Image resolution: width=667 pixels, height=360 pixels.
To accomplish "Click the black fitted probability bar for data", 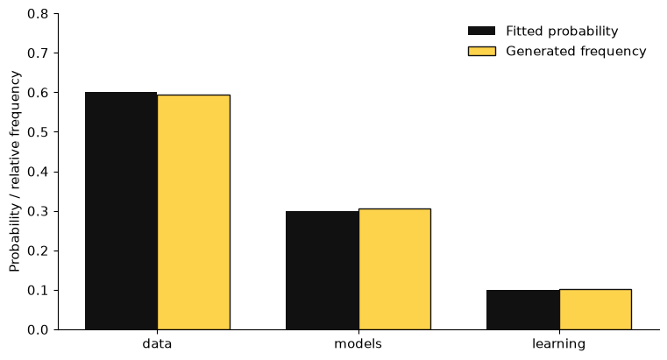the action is click(121, 211).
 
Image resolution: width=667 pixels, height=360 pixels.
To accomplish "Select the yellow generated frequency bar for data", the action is click(194, 212).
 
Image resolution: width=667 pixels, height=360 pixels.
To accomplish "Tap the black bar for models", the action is click(322, 271).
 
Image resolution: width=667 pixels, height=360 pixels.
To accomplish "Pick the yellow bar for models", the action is click(394, 269).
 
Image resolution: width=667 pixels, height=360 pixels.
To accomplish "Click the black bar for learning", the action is click(522, 310).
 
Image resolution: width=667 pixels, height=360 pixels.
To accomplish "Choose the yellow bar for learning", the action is click(595, 309).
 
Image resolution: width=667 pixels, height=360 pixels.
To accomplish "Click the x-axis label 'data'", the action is click(157, 343).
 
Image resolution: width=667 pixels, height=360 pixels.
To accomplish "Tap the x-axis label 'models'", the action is click(358, 343).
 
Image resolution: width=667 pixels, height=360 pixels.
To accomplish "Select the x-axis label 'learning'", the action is click(559, 344).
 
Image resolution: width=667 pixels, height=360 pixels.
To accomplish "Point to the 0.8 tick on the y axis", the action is click(38, 14).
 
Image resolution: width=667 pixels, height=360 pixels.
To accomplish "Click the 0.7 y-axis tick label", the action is click(38, 53).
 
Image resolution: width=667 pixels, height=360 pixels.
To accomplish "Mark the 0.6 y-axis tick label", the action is click(38, 93).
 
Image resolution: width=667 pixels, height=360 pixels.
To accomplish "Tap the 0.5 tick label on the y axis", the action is click(38, 132).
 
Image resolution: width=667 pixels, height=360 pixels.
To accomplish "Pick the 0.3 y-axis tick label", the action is click(38, 211).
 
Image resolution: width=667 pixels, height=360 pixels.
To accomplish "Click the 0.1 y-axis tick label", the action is click(38, 290).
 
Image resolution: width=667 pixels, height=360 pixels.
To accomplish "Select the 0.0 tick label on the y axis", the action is click(38, 330).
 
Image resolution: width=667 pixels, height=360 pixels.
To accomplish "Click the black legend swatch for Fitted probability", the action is click(482, 31).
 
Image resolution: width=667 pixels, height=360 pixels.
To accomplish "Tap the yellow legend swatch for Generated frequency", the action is click(482, 51).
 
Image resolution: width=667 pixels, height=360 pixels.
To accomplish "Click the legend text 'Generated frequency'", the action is click(576, 51).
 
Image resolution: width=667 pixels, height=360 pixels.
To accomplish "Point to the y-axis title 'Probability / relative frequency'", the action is click(15, 172).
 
